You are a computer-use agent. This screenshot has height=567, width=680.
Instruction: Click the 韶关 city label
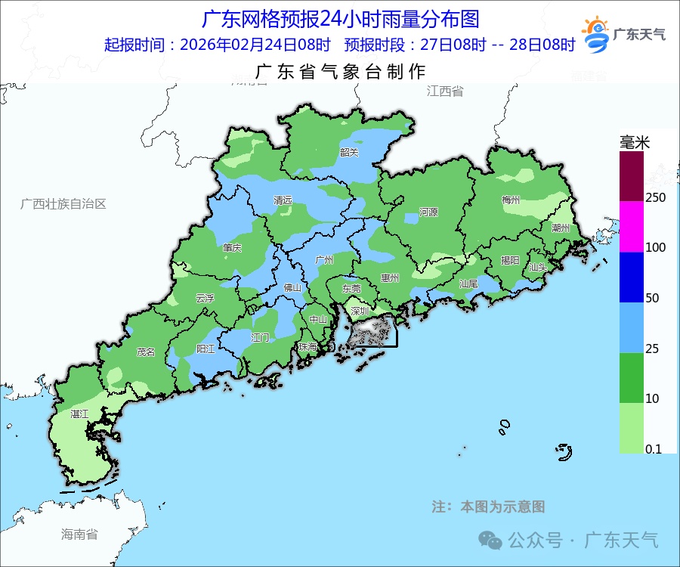349,152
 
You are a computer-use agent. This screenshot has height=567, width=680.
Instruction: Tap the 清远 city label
283,201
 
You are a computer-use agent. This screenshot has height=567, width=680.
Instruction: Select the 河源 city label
428,212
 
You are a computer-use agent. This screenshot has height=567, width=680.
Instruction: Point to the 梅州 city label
511,200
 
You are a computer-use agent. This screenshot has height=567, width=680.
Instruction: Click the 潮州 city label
561,227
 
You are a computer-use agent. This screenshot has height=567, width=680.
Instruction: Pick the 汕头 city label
538,267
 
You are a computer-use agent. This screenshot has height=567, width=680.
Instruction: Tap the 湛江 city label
79,414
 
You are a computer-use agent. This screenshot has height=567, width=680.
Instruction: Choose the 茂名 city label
145,352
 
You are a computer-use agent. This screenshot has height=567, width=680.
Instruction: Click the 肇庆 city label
232,248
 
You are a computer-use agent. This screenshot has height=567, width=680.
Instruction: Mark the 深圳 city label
358,311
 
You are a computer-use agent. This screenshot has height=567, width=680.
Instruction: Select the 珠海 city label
308,346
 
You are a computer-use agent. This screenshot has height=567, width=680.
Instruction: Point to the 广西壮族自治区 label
63,204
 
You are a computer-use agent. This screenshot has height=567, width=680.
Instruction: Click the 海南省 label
79,534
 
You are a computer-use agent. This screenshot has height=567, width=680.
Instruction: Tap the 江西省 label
444,91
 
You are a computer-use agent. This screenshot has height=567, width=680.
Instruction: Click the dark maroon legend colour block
632,175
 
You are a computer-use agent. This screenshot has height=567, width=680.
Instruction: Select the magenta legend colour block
632,226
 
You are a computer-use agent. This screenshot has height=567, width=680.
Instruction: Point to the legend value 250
656,197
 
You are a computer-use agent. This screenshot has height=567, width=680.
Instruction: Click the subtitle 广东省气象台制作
341,72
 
